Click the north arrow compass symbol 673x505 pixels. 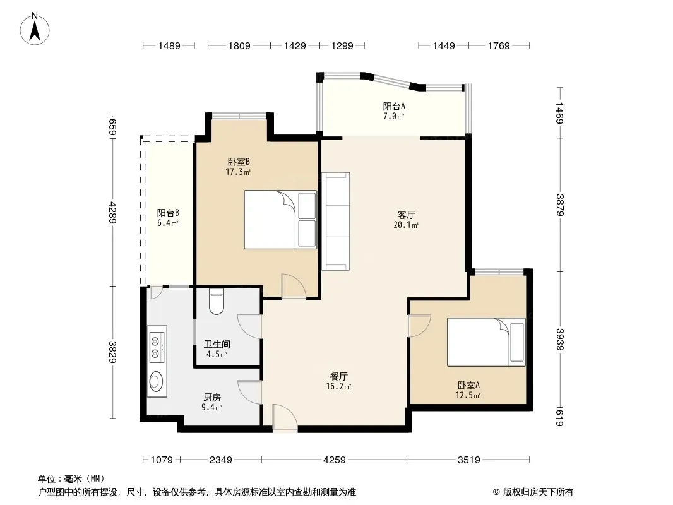[35, 29]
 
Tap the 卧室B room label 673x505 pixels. [239, 162]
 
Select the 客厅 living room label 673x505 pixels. [406, 215]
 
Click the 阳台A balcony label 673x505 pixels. [394, 106]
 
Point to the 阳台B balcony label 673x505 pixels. [168, 213]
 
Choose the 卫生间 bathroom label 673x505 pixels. [217, 344]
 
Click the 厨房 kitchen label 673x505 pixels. [212, 397]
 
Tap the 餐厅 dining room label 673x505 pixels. [338, 376]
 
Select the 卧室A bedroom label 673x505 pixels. [468, 385]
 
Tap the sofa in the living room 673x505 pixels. [336, 221]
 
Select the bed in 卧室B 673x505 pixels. [280, 220]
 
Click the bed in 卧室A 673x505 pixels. [486, 342]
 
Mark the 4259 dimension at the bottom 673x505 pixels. [335, 460]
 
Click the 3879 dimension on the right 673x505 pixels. [560, 205]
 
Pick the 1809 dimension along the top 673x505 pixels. [239, 45]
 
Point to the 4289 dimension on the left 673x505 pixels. [112, 212]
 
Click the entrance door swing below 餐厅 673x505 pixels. [285, 418]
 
